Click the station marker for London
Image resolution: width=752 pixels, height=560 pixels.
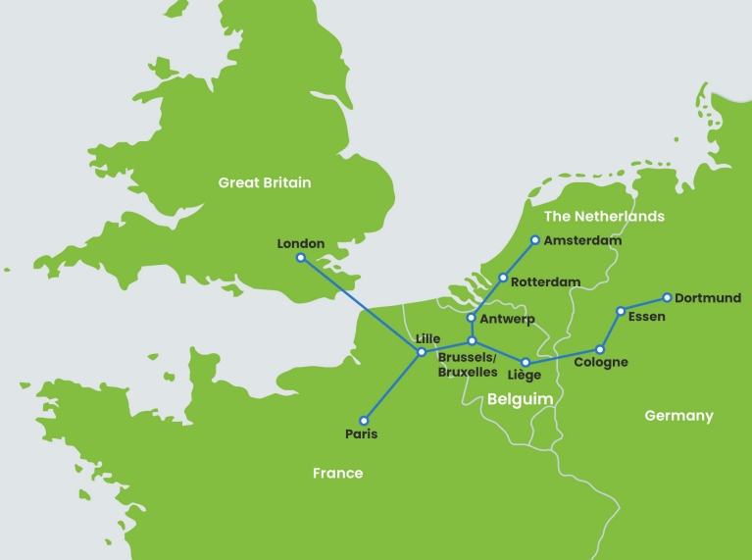[x=301, y=258]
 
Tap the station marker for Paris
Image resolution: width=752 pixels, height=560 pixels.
[x=364, y=419]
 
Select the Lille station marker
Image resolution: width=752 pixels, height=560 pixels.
[x=422, y=351]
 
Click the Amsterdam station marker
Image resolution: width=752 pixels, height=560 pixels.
[x=535, y=239]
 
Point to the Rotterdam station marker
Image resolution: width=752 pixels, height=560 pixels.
[x=503, y=279]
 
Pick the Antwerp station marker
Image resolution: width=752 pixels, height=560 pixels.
[x=472, y=318]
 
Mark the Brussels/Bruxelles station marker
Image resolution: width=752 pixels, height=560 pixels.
[x=472, y=340]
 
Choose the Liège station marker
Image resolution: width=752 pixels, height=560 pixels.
[x=526, y=362]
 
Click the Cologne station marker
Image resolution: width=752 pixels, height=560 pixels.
[x=600, y=350]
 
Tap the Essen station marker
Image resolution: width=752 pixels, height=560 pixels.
[x=620, y=311]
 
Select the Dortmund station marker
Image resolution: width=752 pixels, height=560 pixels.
[x=667, y=297]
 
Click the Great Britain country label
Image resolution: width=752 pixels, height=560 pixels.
[x=264, y=182]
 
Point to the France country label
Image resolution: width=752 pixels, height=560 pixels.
[x=337, y=474]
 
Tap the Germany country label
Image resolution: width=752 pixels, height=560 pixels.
[x=678, y=416]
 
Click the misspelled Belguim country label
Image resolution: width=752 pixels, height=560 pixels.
[x=521, y=399]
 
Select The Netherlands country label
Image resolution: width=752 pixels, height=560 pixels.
[x=604, y=216]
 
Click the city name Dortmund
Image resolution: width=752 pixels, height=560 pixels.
[x=708, y=298]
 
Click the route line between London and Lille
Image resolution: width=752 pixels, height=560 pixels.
[x=361, y=304]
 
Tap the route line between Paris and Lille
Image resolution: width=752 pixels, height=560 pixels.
[x=392, y=385]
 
